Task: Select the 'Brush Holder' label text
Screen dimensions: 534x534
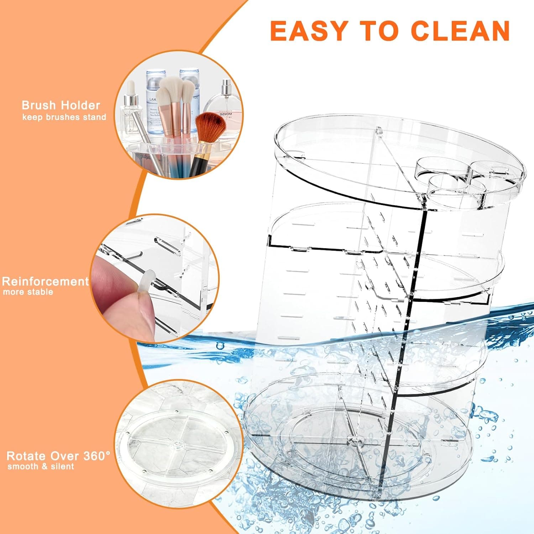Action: [x=61, y=105]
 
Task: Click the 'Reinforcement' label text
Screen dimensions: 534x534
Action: [x=45, y=281]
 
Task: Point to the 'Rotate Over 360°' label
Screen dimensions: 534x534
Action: [x=58, y=456]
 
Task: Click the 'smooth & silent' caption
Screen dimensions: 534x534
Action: [x=41, y=466]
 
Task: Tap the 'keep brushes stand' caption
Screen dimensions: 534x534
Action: [x=64, y=117]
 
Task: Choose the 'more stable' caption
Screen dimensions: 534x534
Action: [x=28, y=292]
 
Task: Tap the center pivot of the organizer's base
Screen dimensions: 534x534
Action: [x=354, y=441]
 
